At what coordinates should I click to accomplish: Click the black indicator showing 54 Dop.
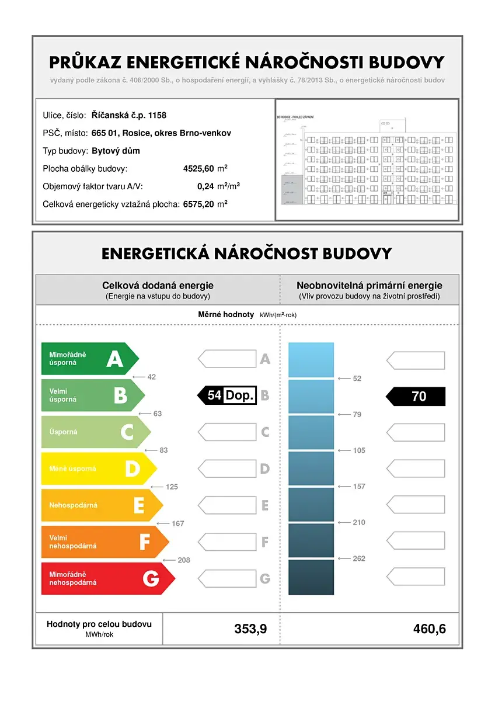pos(227,395)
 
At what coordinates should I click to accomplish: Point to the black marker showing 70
pos(416,396)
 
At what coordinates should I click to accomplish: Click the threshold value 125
pos(172,487)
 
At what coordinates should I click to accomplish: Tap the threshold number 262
pos(359,558)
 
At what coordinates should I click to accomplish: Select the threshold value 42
pos(152,377)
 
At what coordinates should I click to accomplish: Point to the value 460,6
pos(429,629)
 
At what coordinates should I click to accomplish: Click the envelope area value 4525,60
pos(198,169)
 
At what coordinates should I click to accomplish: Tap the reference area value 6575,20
pos(198,204)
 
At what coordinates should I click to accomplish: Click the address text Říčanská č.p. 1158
pos(128,115)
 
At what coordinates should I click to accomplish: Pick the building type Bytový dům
pos(116,151)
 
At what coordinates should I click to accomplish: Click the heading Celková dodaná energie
pos(158,286)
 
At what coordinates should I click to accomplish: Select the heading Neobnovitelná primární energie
pos(369,286)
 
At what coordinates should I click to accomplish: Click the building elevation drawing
pos(367,159)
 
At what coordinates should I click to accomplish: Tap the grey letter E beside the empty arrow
pos(265,505)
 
